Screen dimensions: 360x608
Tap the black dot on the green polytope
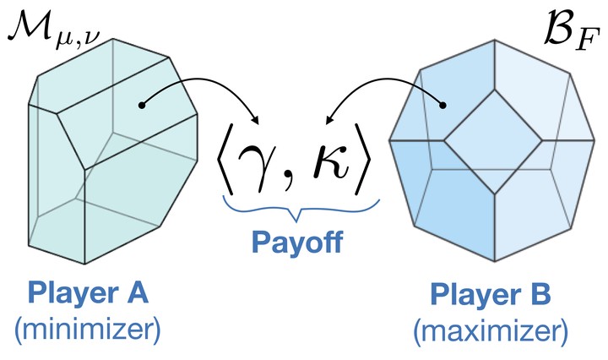[143, 106]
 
